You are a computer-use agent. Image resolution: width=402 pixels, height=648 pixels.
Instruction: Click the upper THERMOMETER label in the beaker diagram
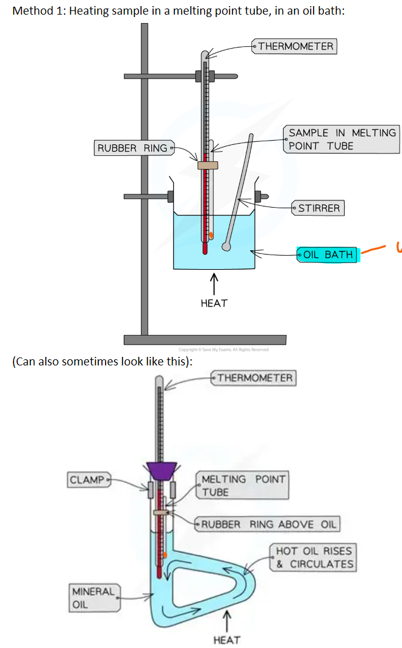pos(296,46)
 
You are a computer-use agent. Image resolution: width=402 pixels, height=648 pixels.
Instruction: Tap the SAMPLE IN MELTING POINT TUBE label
pos(342,139)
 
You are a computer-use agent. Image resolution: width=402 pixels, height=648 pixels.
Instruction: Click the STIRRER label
pos(318,208)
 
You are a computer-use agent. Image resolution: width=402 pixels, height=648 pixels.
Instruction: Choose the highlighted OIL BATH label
pos(328,255)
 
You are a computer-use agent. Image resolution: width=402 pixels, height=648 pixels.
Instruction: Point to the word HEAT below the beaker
pos(214,303)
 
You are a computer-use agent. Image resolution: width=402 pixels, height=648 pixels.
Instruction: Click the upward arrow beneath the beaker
pos(214,283)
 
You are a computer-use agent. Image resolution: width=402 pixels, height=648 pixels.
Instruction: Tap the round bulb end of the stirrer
pos(226,247)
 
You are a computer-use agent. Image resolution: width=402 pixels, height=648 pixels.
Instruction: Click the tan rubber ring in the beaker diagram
pos(207,165)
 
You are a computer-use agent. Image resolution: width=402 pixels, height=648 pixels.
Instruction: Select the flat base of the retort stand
pos(205,339)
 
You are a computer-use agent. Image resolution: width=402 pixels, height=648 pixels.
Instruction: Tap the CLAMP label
pos(87,480)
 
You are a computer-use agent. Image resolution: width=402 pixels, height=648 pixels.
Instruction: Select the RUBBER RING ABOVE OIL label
pos(267,524)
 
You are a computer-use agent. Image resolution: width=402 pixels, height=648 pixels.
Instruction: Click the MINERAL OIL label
pos(93,598)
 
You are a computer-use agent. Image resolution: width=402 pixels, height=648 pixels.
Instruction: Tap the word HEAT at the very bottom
pos(226,639)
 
